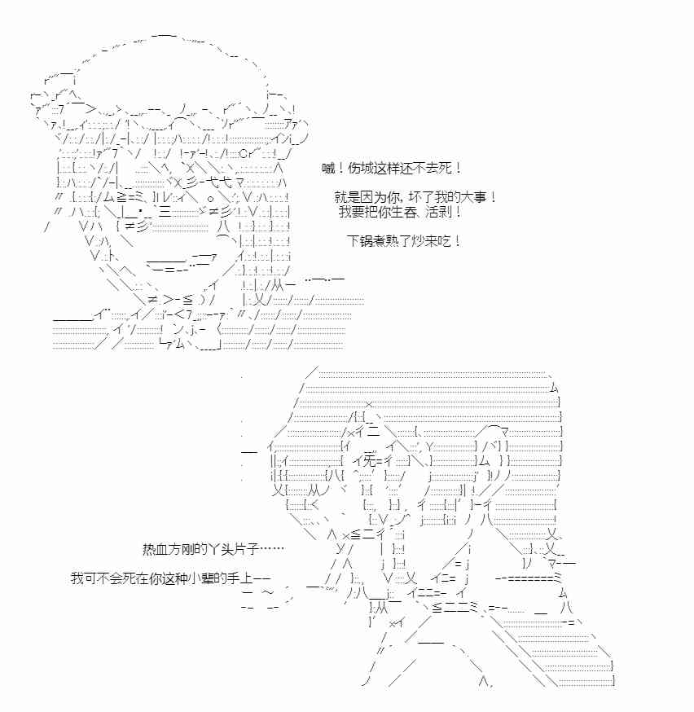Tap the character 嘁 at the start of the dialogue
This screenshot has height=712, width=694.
click(x=328, y=168)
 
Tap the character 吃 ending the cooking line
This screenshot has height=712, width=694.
click(x=445, y=240)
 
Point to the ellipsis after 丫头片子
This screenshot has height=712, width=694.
click(x=272, y=549)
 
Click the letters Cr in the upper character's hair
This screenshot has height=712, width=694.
click(x=245, y=153)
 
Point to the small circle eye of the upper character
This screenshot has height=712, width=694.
click(x=209, y=198)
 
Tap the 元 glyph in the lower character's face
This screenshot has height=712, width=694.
click(x=370, y=461)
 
